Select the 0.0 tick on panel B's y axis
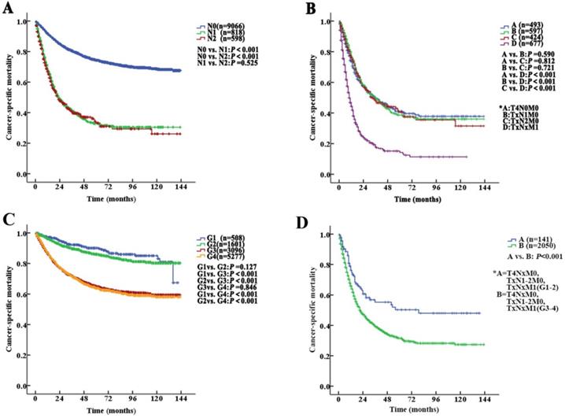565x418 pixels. [x=321, y=175]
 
